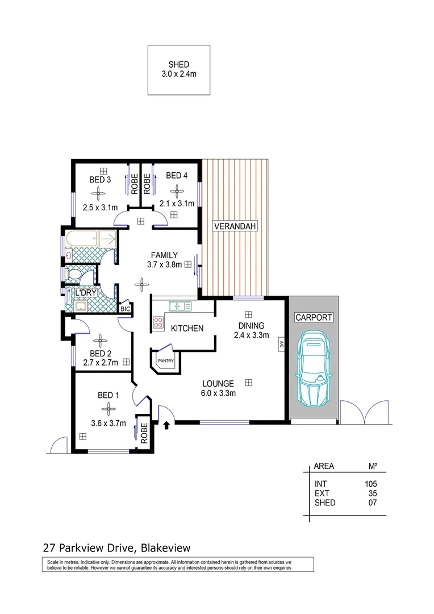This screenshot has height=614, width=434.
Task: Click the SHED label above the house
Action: point(178,64)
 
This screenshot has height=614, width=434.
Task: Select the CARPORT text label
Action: point(313,317)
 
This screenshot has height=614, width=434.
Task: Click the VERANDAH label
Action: point(235,226)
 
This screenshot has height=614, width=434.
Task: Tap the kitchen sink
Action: point(181,306)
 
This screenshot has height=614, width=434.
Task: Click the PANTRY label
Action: point(165,360)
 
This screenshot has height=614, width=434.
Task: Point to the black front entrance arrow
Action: point(166,425)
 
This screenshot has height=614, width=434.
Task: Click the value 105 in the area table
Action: point(370,484)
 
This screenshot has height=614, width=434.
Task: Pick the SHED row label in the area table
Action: point(325,503)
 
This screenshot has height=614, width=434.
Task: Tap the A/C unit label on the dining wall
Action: point(281,344)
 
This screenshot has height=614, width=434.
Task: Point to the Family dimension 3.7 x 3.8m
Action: point(161,264)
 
